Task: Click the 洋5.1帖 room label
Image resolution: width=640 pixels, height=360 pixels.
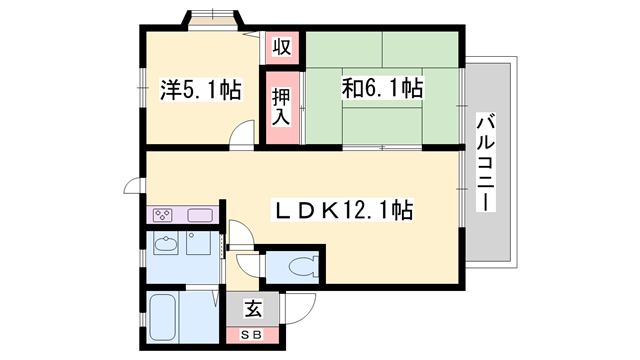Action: point(200,90)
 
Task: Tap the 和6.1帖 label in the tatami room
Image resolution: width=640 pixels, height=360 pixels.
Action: point(384,90)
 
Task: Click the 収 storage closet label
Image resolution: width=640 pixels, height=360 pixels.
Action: point(283,46)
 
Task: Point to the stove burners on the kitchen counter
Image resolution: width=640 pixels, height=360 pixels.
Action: point(164,215)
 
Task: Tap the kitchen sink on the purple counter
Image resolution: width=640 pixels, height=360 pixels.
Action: point(197,215)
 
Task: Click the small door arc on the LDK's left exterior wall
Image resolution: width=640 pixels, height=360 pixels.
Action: point(132,186)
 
